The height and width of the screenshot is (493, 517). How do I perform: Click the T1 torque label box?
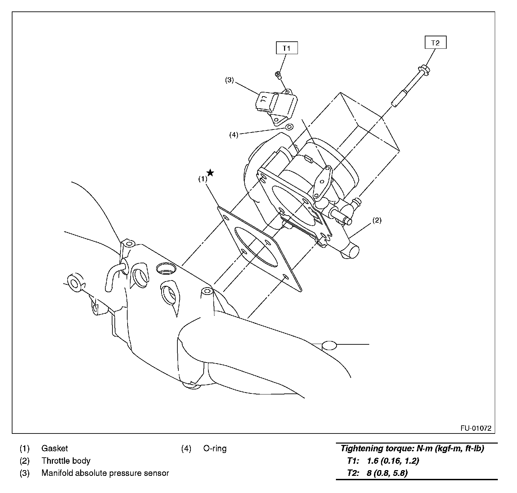[286, 48]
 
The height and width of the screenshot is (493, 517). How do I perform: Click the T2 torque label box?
[435, 43]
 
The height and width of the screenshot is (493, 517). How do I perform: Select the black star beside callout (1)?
[210, 173]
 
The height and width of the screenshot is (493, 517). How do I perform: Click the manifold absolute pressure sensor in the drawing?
[275, 106]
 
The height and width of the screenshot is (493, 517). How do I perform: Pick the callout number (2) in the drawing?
[377, 221]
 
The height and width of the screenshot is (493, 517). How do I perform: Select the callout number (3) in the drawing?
[229, 80]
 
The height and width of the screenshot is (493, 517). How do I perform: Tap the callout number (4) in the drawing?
[234, 135]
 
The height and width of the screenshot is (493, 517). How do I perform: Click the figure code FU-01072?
[476, 428]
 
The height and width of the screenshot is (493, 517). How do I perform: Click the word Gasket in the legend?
[55, 448]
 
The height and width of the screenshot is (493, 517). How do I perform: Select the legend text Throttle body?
[66, 461]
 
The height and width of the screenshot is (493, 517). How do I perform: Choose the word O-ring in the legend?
[215, 448]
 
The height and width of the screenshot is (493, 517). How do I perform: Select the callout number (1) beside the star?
[202, 179]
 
